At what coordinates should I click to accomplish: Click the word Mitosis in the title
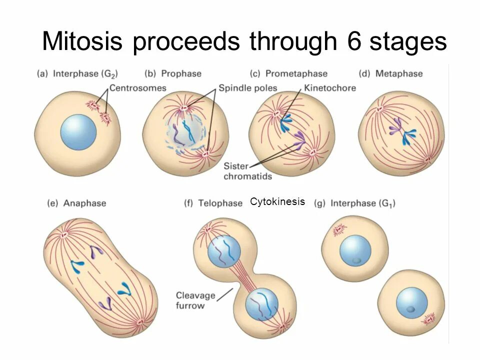pyautogui.click(x=82, y=41)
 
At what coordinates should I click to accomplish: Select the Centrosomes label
pyautogui.click(x=137, y=88)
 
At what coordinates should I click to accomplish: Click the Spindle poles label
pyautogui.click(x=247, y=88)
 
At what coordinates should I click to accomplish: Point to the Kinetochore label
pyautogui.click(x=329, y=88)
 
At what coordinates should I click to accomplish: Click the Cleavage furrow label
pyautogui.click(x=195, y=300)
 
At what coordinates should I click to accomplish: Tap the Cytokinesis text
pyautogui.click(x=277, y=202)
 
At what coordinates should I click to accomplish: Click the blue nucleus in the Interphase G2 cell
pyautogui.click(x=78, y=132)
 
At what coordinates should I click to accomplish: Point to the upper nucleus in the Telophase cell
pyautogui.click(x=224, y=251)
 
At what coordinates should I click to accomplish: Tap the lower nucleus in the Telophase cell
pyautogui.click(x=261, y=304)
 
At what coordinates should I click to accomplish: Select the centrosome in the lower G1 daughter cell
pyautogui.click(x=428, y=318)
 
